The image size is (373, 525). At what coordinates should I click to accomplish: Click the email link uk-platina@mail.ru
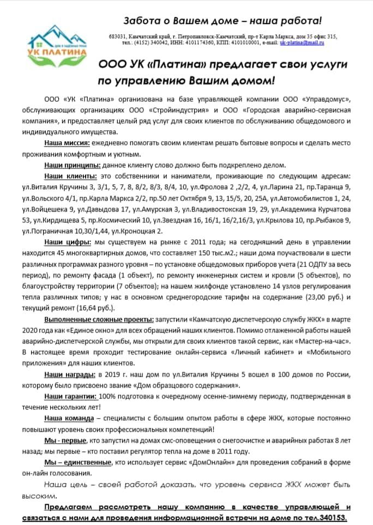click(x=302, y=41)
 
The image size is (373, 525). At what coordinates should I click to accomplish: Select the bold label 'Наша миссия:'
click(x=67, y=143)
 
